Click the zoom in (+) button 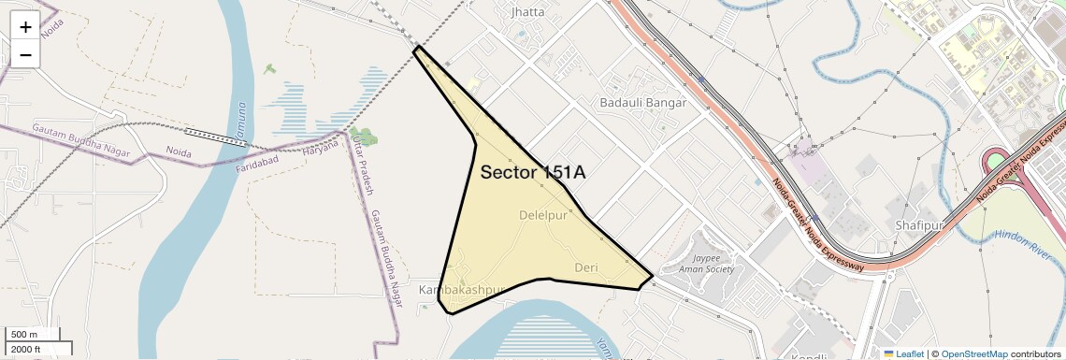tap(25, 26)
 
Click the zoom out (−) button tap(25, 54)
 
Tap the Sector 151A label tap(533, 172)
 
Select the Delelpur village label tap(543, 215)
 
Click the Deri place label tap(585, 267)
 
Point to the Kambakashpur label tap(461, 290)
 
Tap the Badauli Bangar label tap(643, 102)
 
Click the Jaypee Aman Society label tap(713, 263)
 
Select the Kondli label tap(808, 356)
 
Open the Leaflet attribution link tap(903, 353)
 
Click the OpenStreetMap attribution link tap(974, 353)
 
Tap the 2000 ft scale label tap(25, 349)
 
